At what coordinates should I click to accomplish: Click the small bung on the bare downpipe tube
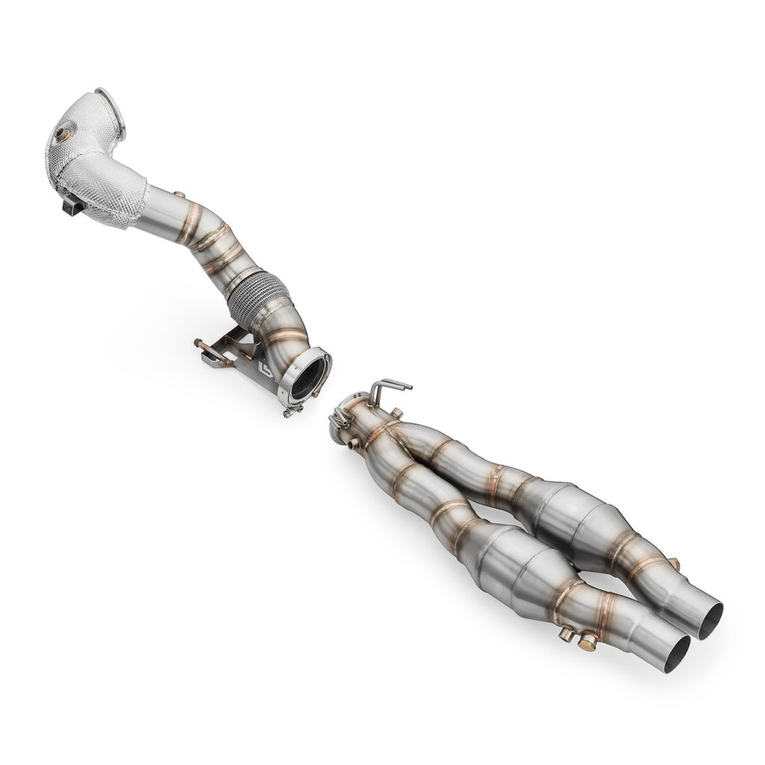(x=181, y=195)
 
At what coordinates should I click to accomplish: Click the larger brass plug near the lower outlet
(x=586, y=641)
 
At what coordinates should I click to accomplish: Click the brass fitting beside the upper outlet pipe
(x=673, y=563)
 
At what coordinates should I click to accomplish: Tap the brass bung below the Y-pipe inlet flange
(x=352, y=444)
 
